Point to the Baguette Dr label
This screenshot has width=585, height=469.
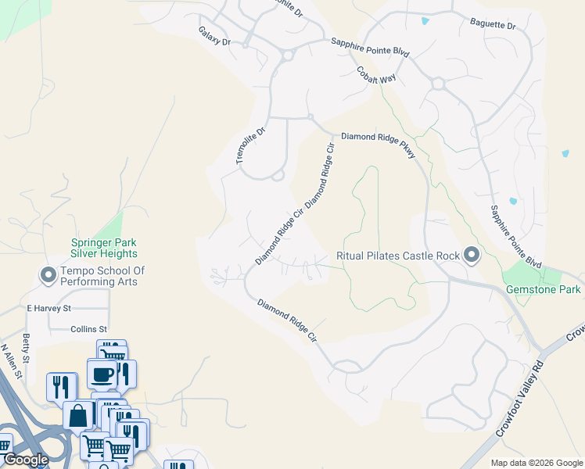click(x=493, y=26)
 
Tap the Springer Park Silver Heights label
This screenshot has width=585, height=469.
click(x=104, y=248)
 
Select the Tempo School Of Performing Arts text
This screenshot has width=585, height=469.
click(x=102, y=276)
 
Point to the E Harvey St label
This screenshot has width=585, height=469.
click(x=48, y=308)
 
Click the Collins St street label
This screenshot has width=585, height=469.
click(x=88, y=329)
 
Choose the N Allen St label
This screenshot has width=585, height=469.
click(x=10, y=361)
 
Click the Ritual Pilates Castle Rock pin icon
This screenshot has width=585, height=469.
click(x=472, y=255)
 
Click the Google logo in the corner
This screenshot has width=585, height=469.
click(x=26, y=460)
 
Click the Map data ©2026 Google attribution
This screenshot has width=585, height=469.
click(x=537, y=463)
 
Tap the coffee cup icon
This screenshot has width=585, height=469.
click(x=102, y=374)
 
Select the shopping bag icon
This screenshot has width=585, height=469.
click(x=78, y=416)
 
